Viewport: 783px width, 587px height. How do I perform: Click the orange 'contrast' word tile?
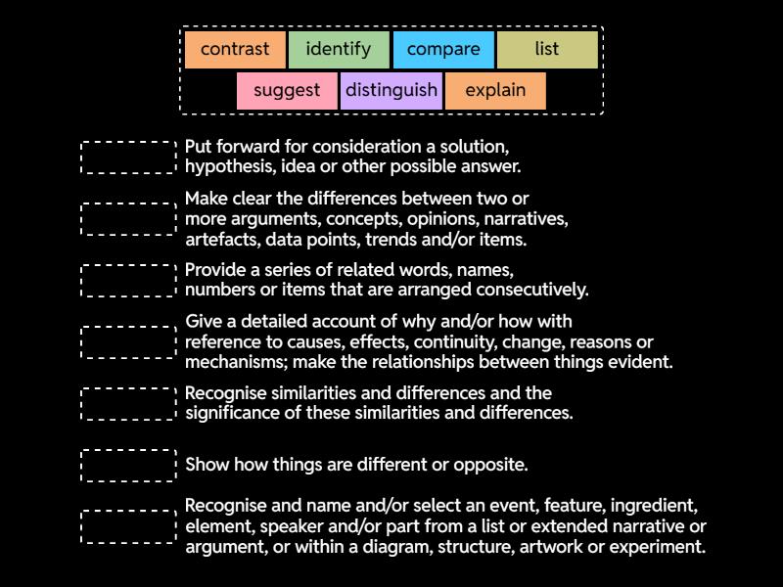click(x=235, y=49)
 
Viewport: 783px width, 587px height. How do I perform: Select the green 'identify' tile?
click(x=339, y=49)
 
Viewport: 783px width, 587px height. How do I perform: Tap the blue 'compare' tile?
click(x=443, y=49)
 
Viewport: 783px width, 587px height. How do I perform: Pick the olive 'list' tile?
click(x=547, y=49)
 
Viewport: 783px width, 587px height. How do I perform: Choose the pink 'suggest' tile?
click(x=287, y=91)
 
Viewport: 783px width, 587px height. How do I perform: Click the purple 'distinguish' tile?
click(x=391, y=91)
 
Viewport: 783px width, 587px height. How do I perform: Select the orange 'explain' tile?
click(x=495, y=91)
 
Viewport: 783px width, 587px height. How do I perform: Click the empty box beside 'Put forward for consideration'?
click(x=128, y=158)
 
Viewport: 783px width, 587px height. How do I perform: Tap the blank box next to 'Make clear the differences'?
click(x=128, y=219)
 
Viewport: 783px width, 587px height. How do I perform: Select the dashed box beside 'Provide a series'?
click(x=128, y=281)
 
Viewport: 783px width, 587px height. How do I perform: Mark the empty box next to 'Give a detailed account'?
click(x=128, y=342)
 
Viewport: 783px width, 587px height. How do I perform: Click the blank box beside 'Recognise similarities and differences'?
click(x=128, y=403)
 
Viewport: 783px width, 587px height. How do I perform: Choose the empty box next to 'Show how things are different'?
click(x=128, y=465)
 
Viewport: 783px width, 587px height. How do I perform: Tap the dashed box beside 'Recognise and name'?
click(x=128, y=526)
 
